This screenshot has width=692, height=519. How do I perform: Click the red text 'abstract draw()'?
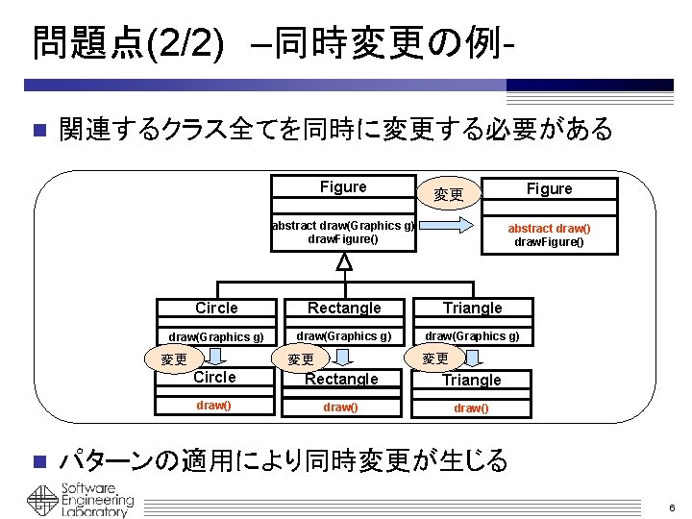549,229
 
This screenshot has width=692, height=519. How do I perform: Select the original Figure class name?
343,187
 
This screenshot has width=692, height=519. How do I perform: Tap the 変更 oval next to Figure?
449,194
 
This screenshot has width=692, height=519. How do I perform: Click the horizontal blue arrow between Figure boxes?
446,226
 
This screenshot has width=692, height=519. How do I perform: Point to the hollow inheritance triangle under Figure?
344,261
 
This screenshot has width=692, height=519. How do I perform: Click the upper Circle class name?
216,309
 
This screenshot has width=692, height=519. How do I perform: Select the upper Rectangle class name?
344,309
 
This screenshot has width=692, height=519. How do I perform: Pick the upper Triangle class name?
473,309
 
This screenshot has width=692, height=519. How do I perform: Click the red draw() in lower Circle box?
213,406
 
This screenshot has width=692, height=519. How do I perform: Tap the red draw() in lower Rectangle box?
340,407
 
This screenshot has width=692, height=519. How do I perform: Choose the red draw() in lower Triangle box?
471,408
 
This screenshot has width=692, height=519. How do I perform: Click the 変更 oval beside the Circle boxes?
174,358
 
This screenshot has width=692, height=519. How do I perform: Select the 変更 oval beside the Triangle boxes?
434,358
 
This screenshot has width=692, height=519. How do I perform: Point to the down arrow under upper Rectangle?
343,357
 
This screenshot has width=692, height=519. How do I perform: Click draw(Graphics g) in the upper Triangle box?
472,336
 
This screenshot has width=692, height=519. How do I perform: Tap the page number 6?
672,508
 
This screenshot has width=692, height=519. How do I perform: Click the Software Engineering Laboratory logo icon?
42,501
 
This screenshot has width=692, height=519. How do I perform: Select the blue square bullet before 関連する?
40,130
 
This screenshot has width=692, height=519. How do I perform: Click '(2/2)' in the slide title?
185,44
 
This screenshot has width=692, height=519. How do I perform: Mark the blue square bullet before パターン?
40,461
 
